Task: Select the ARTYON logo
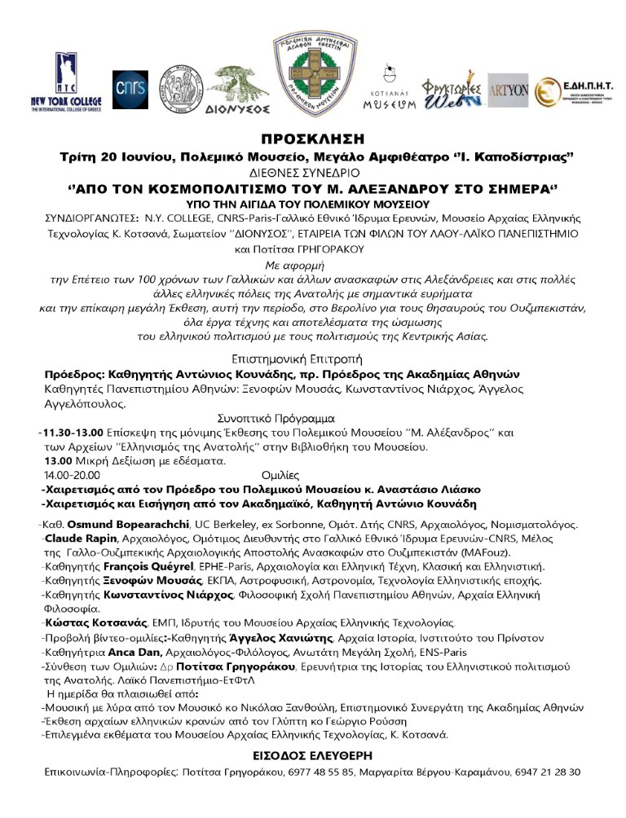click(508, 90)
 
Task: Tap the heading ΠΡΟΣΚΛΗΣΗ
click(312, 139)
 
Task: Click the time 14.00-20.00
click(70, 474)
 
